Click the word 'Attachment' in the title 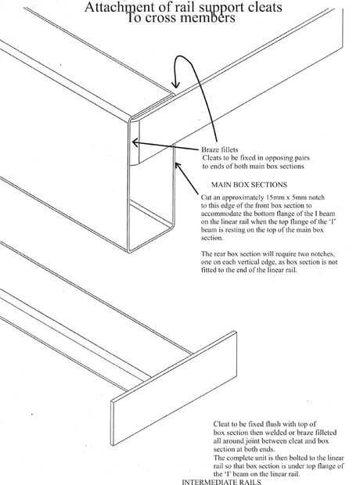[113, 7]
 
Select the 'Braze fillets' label [220, 149]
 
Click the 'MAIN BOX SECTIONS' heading [249, 185]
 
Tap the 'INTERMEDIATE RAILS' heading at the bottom [221, 482]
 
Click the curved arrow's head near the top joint [176, 84]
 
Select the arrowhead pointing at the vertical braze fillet [135, 142]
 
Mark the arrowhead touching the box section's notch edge [178, 166]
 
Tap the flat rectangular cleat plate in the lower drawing [174, 388]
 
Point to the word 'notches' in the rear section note [324, 254]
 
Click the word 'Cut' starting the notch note [206, 197]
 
